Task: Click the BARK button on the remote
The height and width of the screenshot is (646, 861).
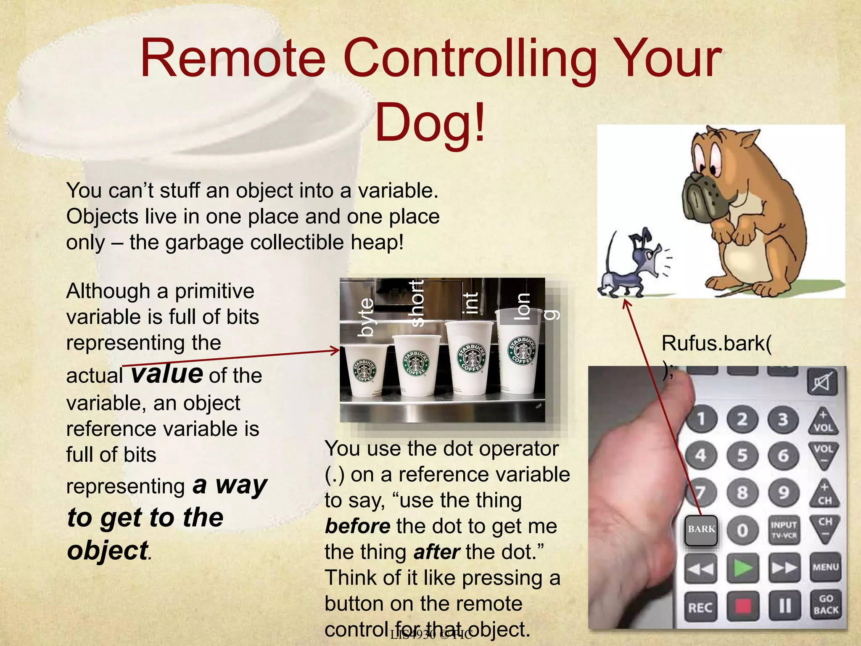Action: [701, 530]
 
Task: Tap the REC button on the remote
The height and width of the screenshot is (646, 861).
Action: [700, 607]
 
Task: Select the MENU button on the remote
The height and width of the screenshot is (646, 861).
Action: [825, 567]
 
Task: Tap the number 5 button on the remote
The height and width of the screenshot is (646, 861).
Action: [742, 455]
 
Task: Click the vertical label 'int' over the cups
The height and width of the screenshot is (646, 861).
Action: [470, 303]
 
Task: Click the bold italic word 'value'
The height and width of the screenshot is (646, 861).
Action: [167, 373]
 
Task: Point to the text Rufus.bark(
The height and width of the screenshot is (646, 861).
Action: [716, 344]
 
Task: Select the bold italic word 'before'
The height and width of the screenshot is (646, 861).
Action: [357, 526]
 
